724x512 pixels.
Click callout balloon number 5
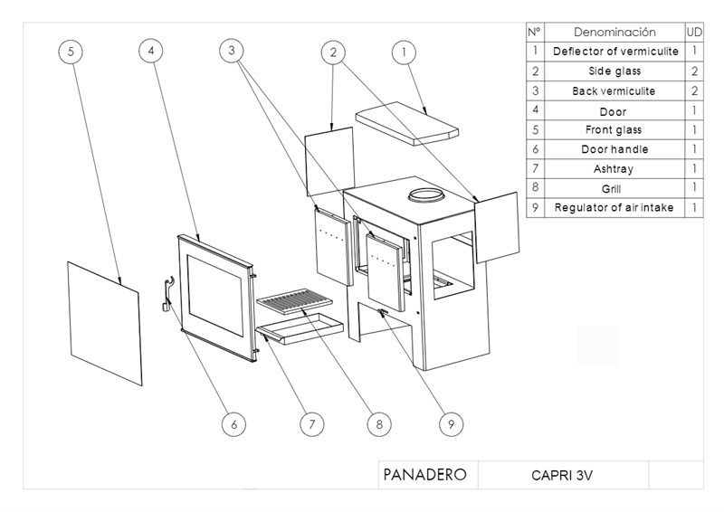pyautogui.click(x=71, y=52)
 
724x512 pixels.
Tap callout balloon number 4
pyautogui.click(x=152, y=52)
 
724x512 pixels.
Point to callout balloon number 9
pyautogui.click(x=450, y=422)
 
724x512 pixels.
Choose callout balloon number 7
pyautogui.click(x=310, y=422)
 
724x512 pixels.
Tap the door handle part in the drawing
pyautogui.click(x=167, y=295)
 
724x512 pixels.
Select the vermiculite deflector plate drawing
pyautogui.click(x=410, y=123)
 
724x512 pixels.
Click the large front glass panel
pyautogui.click(x=104, y=322)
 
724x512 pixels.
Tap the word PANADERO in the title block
pyautogui.click(x=425, y=474)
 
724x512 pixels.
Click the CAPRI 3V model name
pyautogui.click(x=562, y=474)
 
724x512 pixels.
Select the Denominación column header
pyautogui.click(x=614, y=32)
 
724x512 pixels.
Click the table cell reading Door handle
pyautogui.click(x=614, y=149)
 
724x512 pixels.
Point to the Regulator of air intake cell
pyautogui.click(x=614, y=208)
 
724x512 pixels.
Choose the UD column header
pyautogui.click(x=695, y=32)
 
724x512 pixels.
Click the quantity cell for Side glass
pyautogui.click(x=695, y=71)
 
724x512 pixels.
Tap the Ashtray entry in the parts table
pyautogui.click(x=614, y=168)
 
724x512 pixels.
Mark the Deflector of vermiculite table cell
pyautogui.click(x=614, y=52)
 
